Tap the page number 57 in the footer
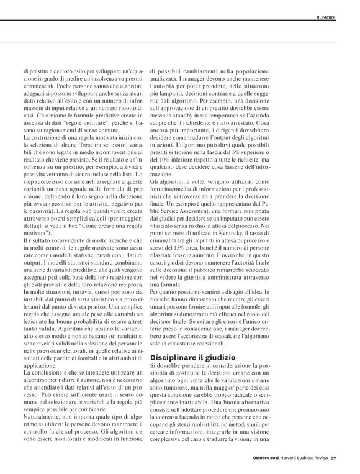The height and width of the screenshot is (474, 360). tap(334, 460)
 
